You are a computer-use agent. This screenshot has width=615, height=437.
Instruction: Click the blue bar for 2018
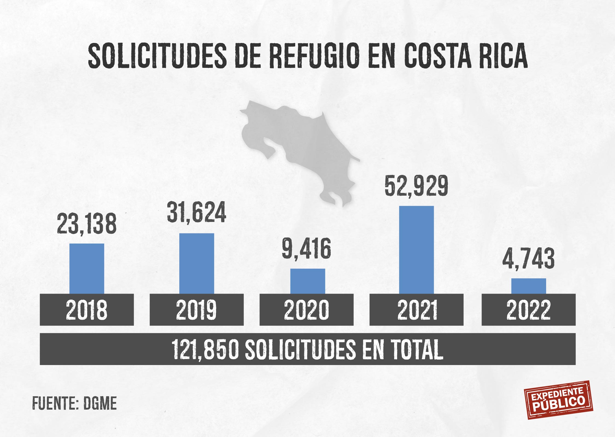point(87,268)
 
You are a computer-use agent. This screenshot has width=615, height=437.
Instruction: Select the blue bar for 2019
point(197,263)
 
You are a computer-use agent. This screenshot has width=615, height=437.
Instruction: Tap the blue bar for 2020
point(307,281)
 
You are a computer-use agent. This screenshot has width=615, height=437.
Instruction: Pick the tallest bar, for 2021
point(416,250)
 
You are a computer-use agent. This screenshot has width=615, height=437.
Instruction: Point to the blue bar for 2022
point(529,286)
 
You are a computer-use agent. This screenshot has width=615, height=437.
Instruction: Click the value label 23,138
point(87,224)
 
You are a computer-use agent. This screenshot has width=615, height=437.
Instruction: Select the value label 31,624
point(197,212)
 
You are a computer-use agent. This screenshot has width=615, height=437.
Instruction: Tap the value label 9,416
point(306,249)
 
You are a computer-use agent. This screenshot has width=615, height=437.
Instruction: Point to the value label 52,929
point(416,186)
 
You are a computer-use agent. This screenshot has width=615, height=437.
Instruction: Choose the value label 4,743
point(528,259)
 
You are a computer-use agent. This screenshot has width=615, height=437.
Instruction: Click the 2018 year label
point(87,310)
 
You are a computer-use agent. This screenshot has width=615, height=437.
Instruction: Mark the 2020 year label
point(306,310)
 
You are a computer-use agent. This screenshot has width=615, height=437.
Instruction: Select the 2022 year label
point(528,310)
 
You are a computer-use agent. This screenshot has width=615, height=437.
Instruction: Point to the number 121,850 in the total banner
point(205,349)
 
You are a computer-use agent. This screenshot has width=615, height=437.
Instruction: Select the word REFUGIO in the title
point(314,56)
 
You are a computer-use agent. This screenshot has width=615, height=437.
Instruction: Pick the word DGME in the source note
point(100,403)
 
